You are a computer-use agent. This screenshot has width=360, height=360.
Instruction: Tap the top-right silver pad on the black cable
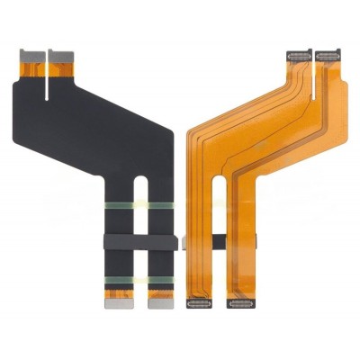click(x=60, y=53)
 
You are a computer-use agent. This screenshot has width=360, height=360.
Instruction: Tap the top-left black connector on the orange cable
click(x=297, y=57)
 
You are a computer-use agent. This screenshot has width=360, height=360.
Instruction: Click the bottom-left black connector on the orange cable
click(x=199, y=303)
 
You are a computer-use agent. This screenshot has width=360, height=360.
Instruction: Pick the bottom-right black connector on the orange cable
click(x=240, y=303)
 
